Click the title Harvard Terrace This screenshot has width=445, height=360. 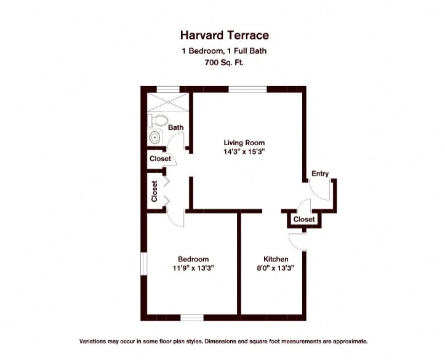[224, 36]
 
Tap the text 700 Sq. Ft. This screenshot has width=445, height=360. [224, 63]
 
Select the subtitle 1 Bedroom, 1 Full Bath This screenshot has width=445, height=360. [224, 52]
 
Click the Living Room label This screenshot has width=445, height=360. [244, 143]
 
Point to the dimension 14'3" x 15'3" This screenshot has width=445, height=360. [244, 151]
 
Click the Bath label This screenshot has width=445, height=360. [176, 128]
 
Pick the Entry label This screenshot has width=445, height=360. [319, 174]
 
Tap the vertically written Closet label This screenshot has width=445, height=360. [154, 191]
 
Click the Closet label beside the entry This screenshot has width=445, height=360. [304, 219]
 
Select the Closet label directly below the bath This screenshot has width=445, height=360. [160, 159]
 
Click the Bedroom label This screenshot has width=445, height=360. [193, 259]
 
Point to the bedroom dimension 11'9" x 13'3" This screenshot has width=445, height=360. [193, 268]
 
